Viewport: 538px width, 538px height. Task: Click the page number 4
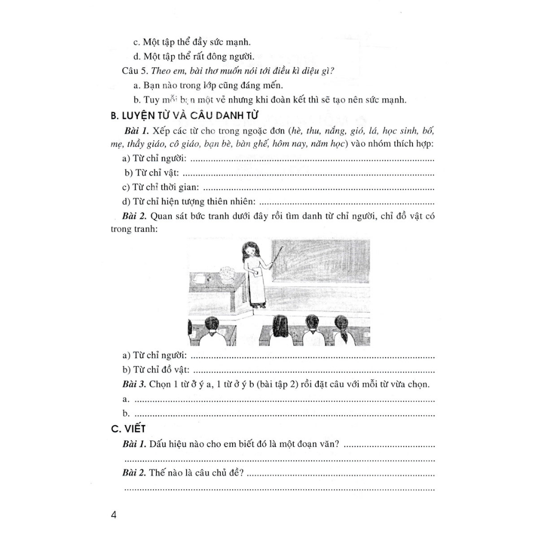tap(114, 514)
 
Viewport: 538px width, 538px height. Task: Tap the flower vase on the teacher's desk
tap(227, 275)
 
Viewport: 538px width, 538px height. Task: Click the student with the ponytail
tap(342, 329)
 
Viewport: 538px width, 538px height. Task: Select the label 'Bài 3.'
tap(134, 385)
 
